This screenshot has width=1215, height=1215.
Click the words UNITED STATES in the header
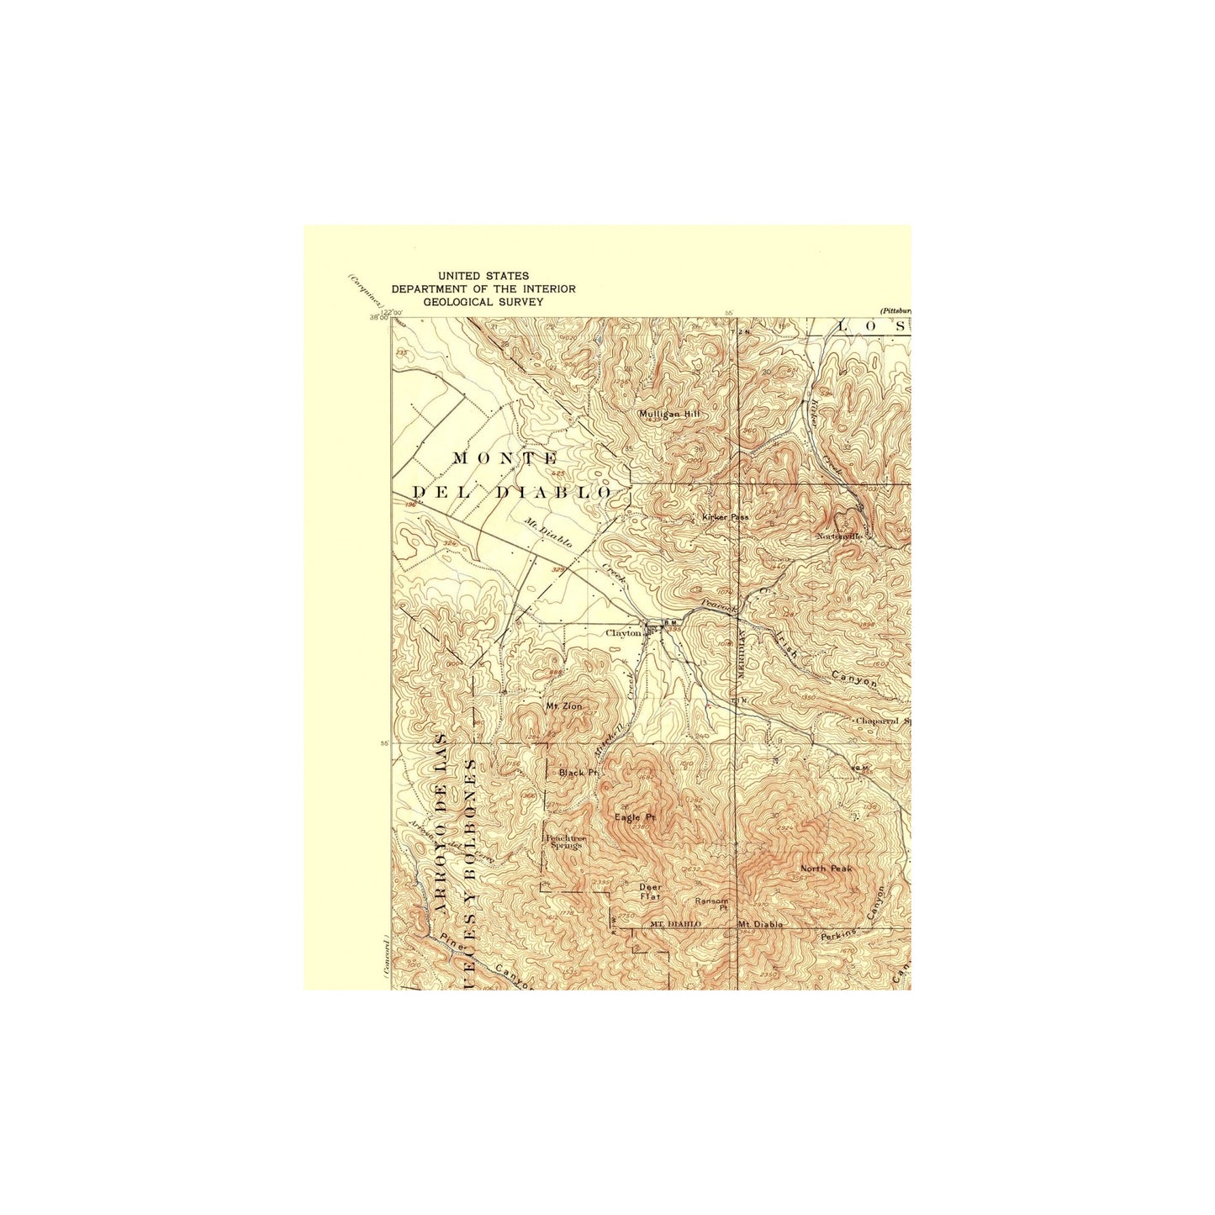[483, 276]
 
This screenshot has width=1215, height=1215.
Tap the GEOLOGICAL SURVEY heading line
[483, 302]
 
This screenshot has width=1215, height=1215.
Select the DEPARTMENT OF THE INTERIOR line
[483, 288]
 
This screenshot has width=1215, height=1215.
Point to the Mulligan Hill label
[668, 414]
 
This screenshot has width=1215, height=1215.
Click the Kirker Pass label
[725, 517]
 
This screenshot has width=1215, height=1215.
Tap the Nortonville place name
[839, 536]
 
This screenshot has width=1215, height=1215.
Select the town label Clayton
[623, 633]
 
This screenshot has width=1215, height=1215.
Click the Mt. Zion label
[563, 706]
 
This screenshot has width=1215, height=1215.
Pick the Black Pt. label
[578, 772]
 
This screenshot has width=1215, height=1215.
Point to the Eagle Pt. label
[635, 817]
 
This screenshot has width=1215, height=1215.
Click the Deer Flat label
[650, 891]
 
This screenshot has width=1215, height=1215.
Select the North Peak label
[827, 869]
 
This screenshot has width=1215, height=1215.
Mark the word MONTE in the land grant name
[505, 458]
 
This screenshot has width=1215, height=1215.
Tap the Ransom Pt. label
[711, 904]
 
